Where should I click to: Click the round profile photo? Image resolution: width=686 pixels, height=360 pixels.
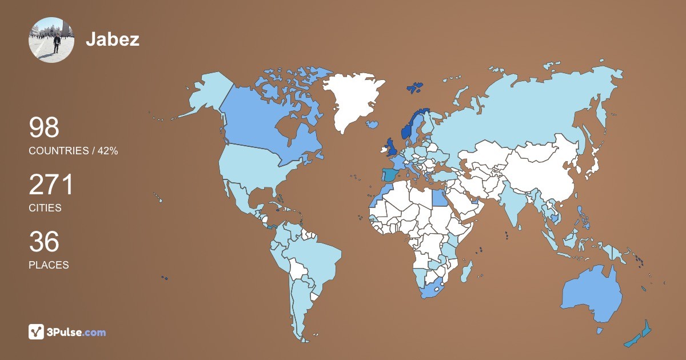51,39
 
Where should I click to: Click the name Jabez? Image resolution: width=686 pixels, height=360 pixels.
113,39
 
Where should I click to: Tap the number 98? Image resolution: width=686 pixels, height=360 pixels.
44,127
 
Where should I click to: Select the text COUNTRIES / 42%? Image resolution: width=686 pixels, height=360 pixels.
73,151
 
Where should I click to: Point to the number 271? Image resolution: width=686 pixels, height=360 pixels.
51,185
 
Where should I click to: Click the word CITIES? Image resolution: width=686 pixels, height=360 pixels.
45,208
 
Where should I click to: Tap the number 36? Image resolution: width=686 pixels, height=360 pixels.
44,242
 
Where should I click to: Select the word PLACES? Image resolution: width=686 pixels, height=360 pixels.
49,265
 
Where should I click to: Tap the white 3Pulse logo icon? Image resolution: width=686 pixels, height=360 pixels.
36,331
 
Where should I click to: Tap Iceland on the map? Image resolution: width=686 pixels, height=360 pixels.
372,124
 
